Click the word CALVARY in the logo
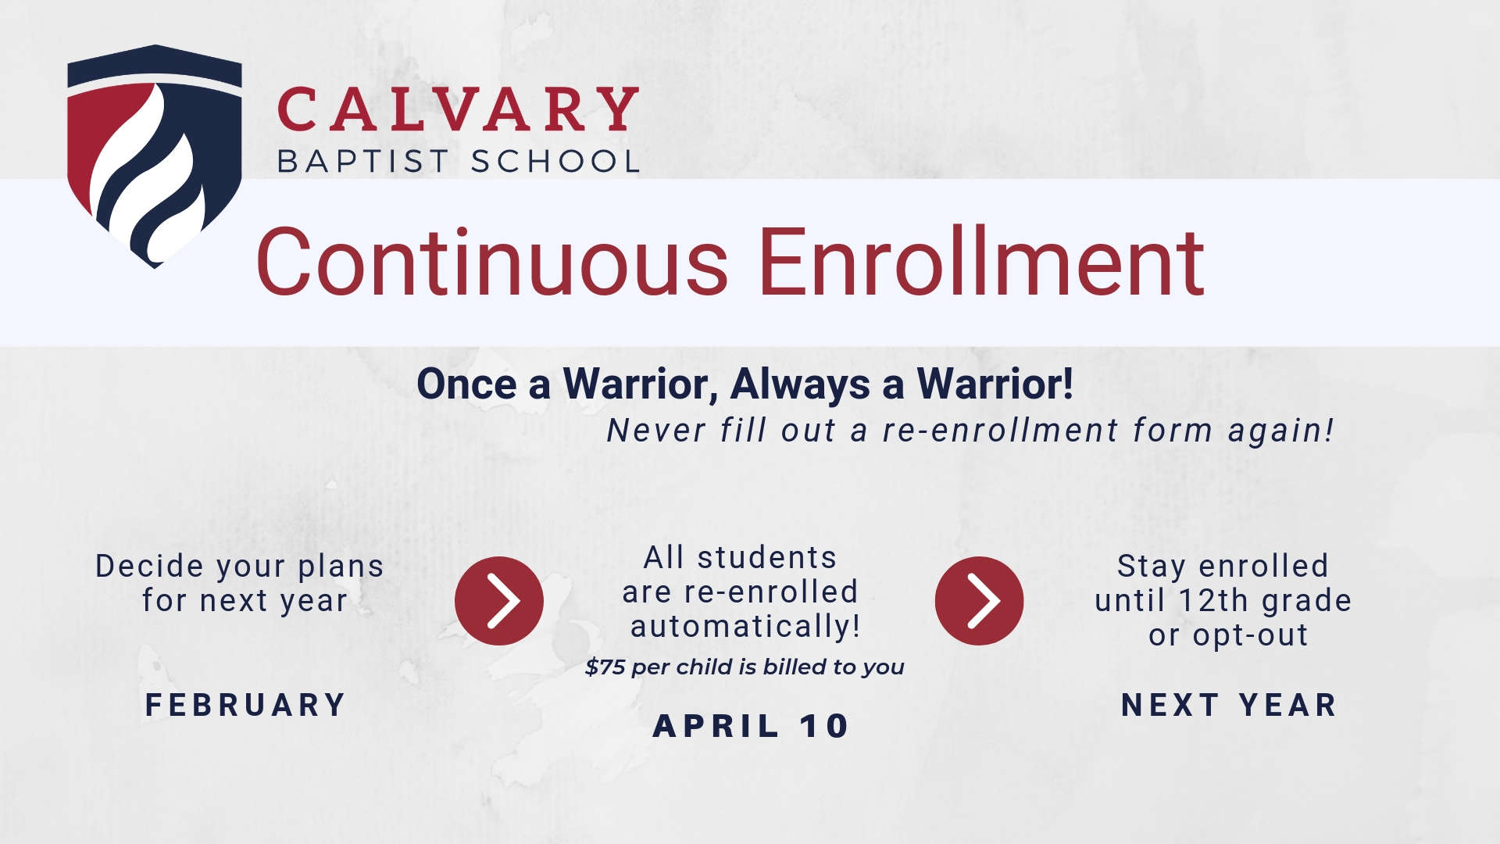(x=459, y=109)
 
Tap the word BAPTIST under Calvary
(x=363, y=162)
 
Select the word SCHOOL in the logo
(x=555, y=162)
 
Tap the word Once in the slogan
(x=467, y=384)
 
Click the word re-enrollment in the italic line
(x=1002, y=431)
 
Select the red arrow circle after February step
(x=499, y=600)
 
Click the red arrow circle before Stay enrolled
(x=979, y=600)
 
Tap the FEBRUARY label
(x=246, y=705)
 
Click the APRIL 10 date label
(x=751, y=726)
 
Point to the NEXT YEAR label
(x=1229, y=705)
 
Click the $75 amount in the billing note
(x=605, y=667)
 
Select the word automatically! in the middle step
(x=745, y=626)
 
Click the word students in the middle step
(x=766, y=558)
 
